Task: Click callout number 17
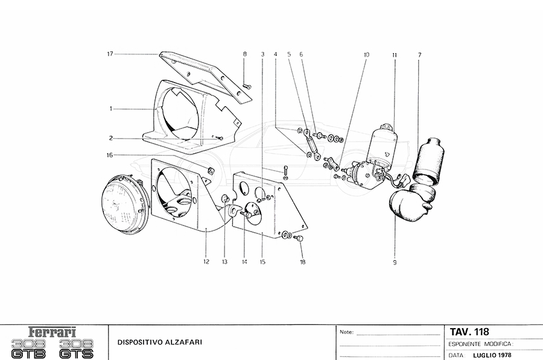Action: [110, 54]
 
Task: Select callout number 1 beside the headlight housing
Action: [111, 109]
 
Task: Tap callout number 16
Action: [110, 155]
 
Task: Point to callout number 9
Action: [395, 262]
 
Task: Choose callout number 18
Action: [303, 262]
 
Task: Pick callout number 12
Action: [206, 262]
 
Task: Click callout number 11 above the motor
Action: [395, 55]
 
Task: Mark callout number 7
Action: [420, 55]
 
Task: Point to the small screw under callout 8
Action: [247, 86]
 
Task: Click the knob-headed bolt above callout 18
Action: [299, 239]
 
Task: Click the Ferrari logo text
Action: [52, 332]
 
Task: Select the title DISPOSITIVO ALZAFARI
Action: [160, 343]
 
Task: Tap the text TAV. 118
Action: [469, 332]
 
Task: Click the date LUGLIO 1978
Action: [492, 355]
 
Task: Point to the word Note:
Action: [347, 332]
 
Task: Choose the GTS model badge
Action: [76, 349]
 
